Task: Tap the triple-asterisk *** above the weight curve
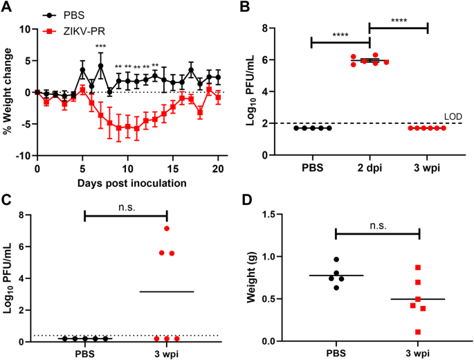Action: point(101,47)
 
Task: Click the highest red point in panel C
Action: point(167,228)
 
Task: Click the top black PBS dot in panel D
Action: point(336,260)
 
